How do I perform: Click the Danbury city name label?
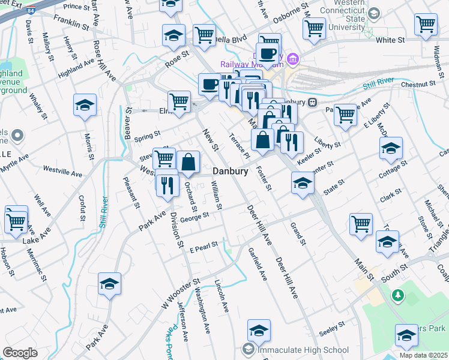[231, 171]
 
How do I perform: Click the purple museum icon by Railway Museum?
[293, 59]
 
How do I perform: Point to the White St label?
[390, 40]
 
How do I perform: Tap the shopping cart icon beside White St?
[425, 25]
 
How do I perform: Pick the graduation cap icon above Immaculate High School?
[259, 330]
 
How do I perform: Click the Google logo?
[20, 353]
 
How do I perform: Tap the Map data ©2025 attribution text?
[424, 355]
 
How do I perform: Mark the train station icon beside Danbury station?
[313, 102]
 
